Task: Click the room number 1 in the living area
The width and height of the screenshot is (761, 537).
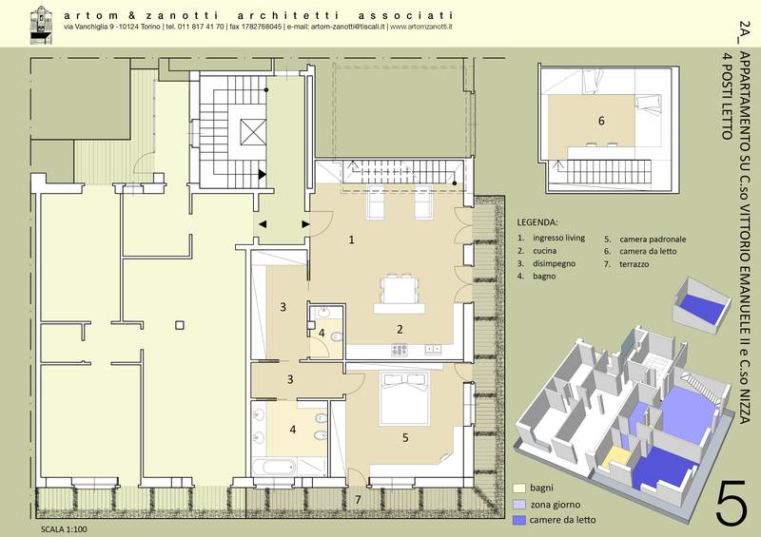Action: pos(351,240)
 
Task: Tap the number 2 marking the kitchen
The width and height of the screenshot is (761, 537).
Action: pos(400,330)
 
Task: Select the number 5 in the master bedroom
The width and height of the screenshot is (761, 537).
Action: pos(405,437)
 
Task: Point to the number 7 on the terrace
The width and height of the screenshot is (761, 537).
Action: pos(359,500)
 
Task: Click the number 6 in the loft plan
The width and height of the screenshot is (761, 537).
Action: pos(601,121)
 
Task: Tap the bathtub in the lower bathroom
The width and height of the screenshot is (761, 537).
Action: pos(274,468)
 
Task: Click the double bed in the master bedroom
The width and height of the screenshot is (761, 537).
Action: pos(404,399)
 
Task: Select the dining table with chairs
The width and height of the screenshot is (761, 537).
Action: pos(399,290)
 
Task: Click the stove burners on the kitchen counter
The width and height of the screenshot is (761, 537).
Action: pos(400,349)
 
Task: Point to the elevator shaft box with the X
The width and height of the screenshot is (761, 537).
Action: pos(253,131)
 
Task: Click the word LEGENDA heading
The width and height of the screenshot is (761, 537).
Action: pos(537,222)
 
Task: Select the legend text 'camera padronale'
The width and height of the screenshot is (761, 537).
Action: pos(653,240)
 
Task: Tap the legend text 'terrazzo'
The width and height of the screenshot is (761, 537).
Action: pos(634,264)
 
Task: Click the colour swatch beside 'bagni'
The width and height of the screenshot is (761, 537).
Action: pos(519,488)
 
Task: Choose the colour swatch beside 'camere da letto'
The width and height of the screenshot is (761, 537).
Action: pos(519,520)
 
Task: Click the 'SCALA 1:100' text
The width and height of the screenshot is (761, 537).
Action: pos(64,529)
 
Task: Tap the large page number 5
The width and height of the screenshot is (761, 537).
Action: pos(731,502)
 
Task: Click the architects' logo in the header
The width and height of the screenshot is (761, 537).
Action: pos(41,25)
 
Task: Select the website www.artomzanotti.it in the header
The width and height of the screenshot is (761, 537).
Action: pos(421,28)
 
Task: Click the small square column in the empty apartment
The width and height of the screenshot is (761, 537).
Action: pos(180,325)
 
